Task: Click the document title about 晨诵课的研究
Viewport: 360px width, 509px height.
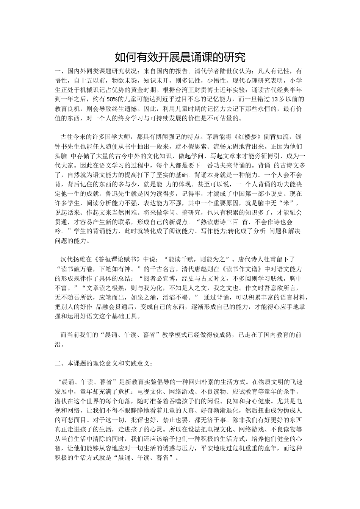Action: [180, 57]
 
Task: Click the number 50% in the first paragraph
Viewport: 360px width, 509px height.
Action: [111, 100]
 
